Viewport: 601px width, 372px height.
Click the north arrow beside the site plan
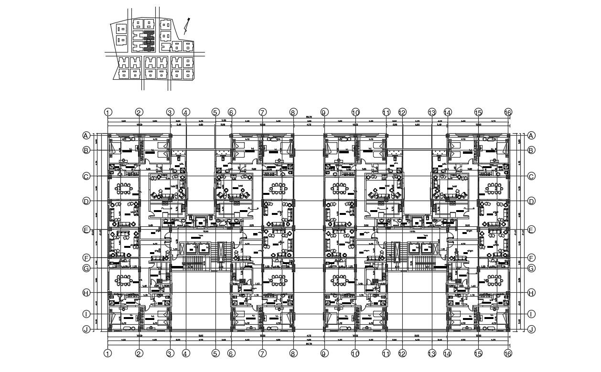click(x=187, y=25)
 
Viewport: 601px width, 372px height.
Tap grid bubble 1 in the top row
click(x=108, y=113)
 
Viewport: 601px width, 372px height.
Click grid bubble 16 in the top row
click(x=508, y=113)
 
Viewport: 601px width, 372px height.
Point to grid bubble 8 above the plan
click(x=293, y=113)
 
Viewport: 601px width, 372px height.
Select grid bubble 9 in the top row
click(x=324, y=113)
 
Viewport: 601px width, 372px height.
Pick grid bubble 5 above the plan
click(x=215, y=113)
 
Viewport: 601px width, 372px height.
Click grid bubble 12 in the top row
click(x=402, y=113)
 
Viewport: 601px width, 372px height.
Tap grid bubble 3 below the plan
click(x=170, y=353)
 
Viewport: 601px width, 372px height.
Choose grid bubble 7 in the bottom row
click(x=262, y=353)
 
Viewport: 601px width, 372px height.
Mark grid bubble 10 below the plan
click(x=355, y=353)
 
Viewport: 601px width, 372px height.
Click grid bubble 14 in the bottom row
click(x=448, y=353)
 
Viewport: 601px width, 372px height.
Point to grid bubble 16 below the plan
click(x=508, y=353)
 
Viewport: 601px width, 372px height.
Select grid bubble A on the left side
click(x=86, y=135)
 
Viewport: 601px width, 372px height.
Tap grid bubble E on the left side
click(x=86, y=230)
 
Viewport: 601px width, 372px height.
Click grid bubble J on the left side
click(x=86, y=329)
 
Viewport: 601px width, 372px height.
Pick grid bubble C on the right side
click(x=531, y=176)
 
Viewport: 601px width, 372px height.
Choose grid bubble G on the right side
click(x=531, y=268)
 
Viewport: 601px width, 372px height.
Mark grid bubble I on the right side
click(x=531, y=314)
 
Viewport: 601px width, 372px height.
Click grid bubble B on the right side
click(x=531, y=150)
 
